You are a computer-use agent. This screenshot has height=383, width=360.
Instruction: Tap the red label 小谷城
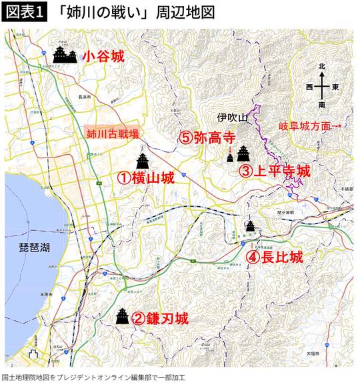point(103,57)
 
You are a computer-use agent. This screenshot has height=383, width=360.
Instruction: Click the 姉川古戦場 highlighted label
point(113,133)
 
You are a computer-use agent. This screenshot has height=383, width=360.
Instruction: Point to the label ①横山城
point(145,178)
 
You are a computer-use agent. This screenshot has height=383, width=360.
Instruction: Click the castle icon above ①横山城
point(143,160)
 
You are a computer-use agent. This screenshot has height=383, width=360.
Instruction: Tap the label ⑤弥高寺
point(207,138)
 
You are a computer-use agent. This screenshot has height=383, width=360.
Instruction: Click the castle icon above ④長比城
point(250,226)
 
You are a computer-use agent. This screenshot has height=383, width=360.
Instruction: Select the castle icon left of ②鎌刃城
point(122,316)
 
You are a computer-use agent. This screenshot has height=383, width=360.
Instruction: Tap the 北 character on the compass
point(321,67)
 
